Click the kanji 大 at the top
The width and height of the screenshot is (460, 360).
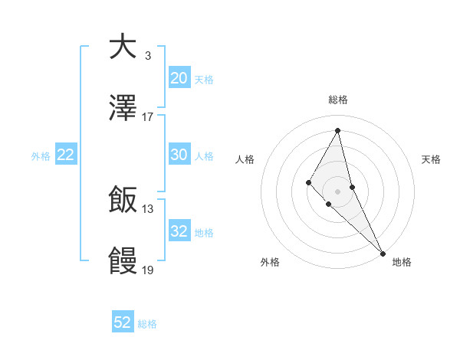click(x=123, y=47)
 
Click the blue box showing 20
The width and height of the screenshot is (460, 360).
click(x=179, y=77)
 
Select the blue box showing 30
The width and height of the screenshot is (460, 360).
click(x=179, y=154)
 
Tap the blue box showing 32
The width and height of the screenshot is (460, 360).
click(x=179, y=231)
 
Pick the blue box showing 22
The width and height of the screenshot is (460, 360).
click(x=65, y=155)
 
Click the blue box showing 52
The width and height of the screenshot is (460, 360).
click(x=123, y=322)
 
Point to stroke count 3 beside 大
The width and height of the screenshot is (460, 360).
click(x=147, y=55)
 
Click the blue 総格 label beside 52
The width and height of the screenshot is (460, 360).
click(x=147, y=324)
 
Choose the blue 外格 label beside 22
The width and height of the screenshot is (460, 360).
click(x=41, y=155)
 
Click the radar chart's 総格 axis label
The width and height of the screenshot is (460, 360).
click(x=337, y=100)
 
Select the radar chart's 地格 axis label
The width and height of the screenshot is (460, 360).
click(x=402, y=262)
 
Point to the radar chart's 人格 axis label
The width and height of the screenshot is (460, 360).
click(x=245, y=159)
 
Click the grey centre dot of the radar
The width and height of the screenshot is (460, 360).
click(x=337, y=191)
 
